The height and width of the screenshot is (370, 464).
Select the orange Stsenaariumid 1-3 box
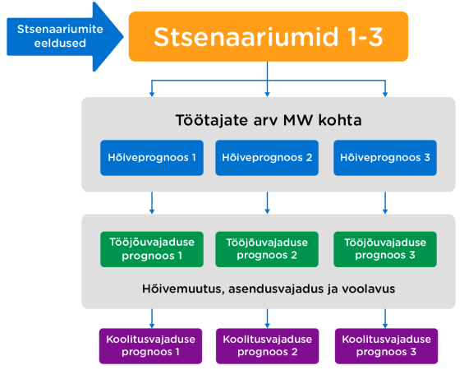click(269, 36)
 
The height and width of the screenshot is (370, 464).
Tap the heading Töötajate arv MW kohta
click(269, 120)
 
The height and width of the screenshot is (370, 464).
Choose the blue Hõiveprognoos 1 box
click(152, 158)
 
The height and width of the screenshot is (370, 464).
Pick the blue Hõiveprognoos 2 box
click(267, 158)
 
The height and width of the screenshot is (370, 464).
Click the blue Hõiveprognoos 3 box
click(385, 158)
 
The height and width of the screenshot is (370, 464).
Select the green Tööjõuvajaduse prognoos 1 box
click(152, 249)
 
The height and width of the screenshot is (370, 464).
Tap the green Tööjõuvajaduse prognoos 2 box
click(267, 249)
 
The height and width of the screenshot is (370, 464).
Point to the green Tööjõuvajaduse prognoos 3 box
click(385, 249)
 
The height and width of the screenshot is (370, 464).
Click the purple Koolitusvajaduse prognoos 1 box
click(150, 346)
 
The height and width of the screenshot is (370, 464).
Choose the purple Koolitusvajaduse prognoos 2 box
click(268, 346)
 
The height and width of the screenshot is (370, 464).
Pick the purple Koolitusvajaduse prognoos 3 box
click(386, 346)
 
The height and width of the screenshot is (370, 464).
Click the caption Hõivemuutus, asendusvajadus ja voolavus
click(269, 289)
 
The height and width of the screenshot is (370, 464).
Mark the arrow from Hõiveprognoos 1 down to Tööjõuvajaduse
click(152, 202)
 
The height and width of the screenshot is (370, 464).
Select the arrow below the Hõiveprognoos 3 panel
click(385, 202)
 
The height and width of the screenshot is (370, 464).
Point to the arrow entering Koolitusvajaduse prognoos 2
click(267, 318)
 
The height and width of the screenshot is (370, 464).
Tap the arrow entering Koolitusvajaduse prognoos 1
click(152, 318)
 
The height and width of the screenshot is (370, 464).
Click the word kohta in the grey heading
click(340, 120)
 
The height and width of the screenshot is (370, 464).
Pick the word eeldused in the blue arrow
click(60, 44)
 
